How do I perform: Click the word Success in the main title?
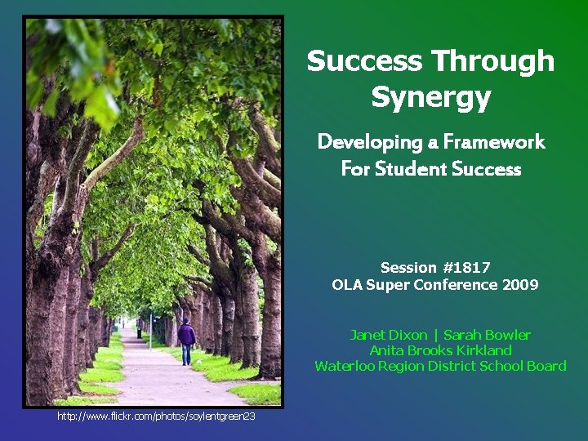coord(364,61)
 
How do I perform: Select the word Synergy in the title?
coord(430,97)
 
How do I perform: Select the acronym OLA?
coord(347,285)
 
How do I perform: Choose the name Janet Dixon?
coord(389,335)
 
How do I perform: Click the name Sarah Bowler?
coord(487,335)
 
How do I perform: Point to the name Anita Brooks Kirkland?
coord(440,350)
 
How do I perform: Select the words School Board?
coord(523,366)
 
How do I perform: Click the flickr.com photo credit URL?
coord(156,416)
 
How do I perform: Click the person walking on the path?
coord(187,339)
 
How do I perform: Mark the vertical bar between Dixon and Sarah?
coord(436,335)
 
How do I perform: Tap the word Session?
coord(408,268)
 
